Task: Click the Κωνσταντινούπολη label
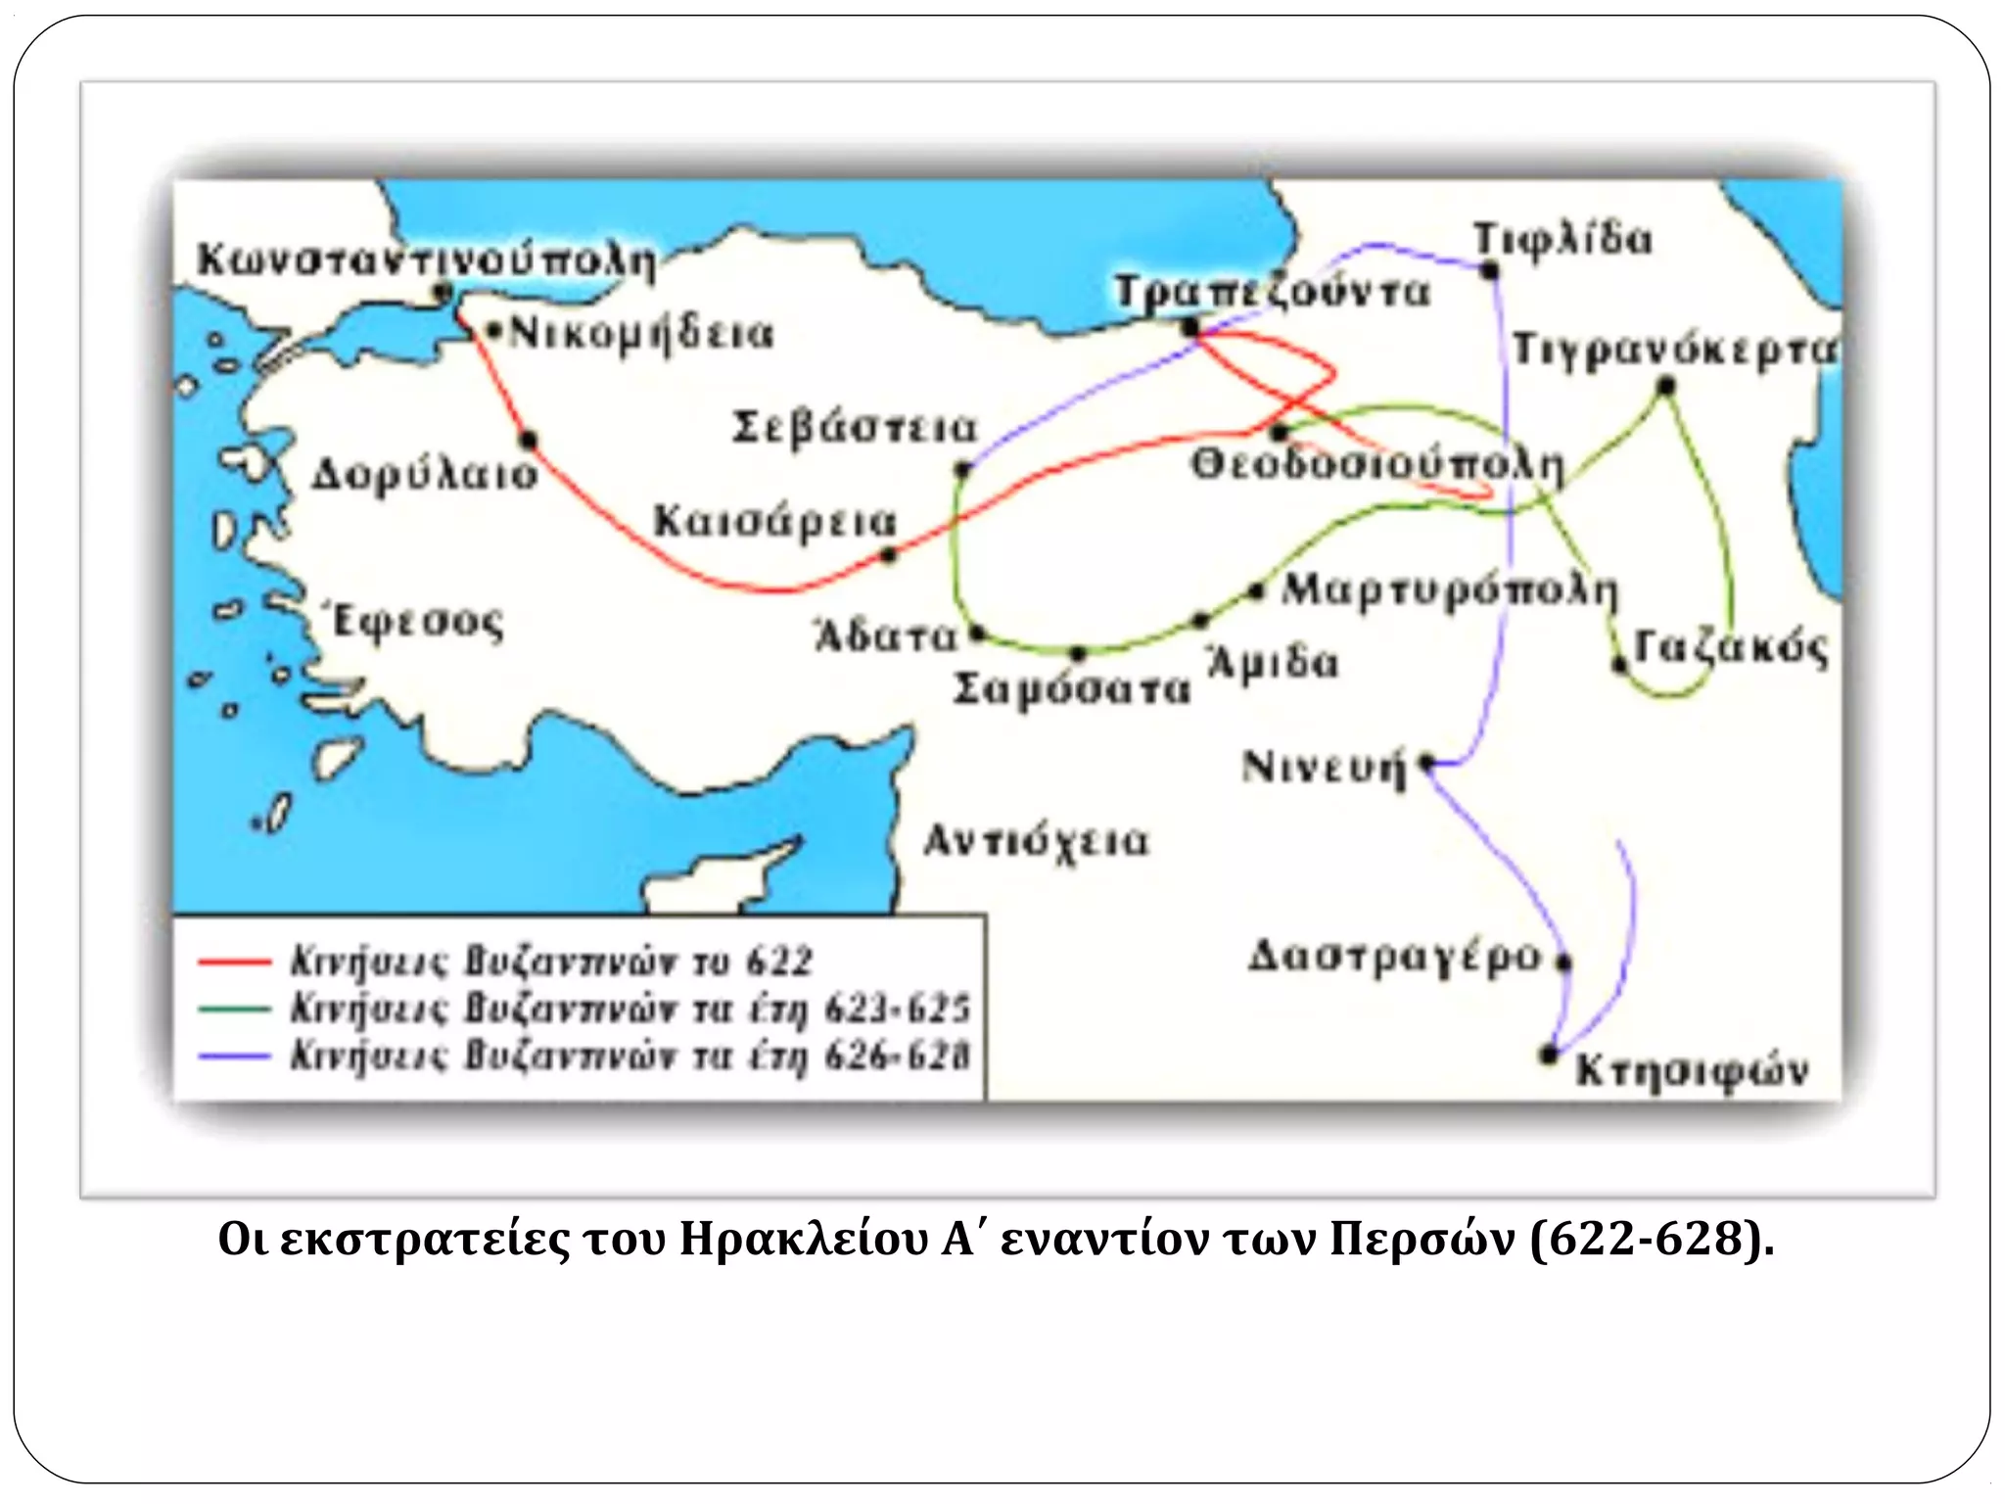tap(426, 259)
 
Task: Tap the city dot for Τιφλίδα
tap(1490, 270)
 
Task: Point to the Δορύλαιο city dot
tap(529, 441)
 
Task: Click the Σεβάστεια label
tap(855, 428)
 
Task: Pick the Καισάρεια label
tap(774, 521)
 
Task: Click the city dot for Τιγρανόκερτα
tap(1665, 387)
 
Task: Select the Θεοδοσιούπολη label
tap(1376, 465)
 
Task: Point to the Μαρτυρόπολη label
tap(1449, 590)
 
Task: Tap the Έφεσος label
tap(418, 622)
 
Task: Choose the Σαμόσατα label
tap(1072, 688)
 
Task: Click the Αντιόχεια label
tap(1036, 841)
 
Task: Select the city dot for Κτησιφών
tap(1549, 1055)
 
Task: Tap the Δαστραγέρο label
tap(1394, 956)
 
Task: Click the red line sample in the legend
tap(234, 962)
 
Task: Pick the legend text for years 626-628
tap(629, 1057)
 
